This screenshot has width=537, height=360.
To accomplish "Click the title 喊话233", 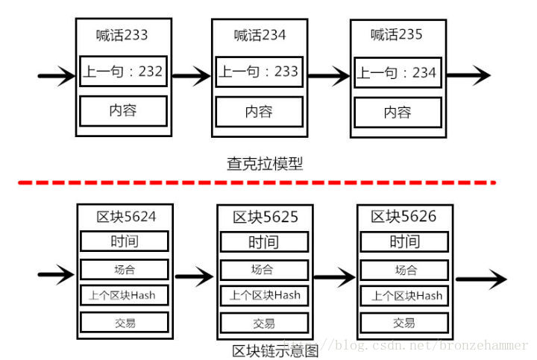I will (122, 34).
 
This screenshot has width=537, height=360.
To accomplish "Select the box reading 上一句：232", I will (123, 72).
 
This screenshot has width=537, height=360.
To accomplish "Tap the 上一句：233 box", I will (259, 72).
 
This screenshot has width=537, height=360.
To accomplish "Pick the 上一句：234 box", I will (397, 73).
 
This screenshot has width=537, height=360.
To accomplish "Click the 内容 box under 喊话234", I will (259, 111).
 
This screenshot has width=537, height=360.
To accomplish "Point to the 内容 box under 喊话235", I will (397, 112).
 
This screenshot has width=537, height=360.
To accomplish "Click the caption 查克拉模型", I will (265, 163).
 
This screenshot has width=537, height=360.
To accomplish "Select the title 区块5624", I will (126, 216).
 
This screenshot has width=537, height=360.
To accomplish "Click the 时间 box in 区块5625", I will (263, 241).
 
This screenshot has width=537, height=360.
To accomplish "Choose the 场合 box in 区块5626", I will (405, 269).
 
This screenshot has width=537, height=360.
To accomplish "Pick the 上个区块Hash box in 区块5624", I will (125, 294).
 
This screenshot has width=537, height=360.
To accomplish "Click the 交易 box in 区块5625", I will (263, 323).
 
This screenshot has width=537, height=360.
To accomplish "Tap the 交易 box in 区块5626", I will (405, 323).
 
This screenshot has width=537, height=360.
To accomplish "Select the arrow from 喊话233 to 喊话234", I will (192, 75).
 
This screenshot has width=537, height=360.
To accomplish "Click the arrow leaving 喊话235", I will (468, 75).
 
